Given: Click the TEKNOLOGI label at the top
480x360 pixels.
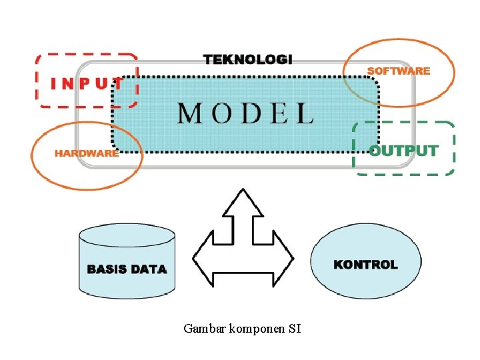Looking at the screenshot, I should pyautogui.click(x=247, y=59).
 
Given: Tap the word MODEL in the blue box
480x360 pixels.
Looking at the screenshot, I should pyautogui.click(x=245, y=113).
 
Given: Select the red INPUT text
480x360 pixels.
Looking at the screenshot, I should pyautogui.click(x=87, y=84).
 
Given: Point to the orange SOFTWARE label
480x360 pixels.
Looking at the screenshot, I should pyautogui.click(x=399, y=71).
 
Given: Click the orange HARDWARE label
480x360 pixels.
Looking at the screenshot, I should pyautogui.click(x=87, y=153).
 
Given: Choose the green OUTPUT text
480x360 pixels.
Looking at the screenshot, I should pyautogui.click(x=403, y=151).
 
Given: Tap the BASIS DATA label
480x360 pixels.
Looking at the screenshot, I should pyautogui.click(x=127, y=269).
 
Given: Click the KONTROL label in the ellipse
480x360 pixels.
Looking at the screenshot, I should pyautogui.click(x=365, y=265).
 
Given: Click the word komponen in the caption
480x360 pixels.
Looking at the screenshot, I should pyautogui.click(x=257, y=328).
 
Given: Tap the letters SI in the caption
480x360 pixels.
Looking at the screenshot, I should pyautogui.click(x=295, y=328).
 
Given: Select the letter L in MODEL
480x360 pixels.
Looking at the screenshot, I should pyautogui.click(x=305, y=113).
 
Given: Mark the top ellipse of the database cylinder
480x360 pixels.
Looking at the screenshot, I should pyautogui.click(x=127, y=235).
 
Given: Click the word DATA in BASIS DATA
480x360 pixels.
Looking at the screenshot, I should pyautogui.click(x=149, y=269).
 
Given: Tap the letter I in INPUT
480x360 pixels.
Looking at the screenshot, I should pyautogui.click(x=55, y=84).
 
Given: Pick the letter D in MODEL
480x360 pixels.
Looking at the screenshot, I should pyautogui.click(x=249, y=113).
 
